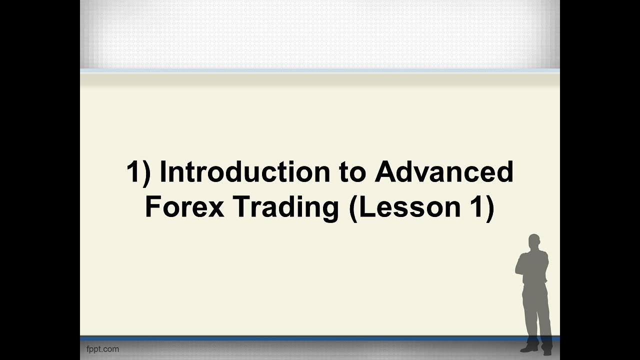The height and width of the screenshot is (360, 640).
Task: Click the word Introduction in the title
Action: (245, 172)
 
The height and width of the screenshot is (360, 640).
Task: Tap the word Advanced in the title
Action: (444, 172)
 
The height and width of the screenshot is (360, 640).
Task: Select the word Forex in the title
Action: (184, 207)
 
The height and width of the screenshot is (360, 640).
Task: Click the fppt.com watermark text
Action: (102, 349)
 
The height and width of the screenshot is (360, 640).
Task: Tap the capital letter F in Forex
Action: (152, 207)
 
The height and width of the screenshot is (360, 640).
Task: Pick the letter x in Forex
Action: (215, 209)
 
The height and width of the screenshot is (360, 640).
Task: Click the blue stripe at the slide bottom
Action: (300, 338)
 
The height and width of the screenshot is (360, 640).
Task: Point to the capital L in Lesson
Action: (367, 207)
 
